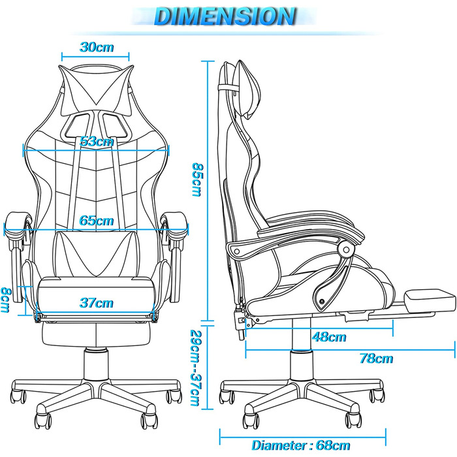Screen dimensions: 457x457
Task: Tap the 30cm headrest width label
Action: point(97,47)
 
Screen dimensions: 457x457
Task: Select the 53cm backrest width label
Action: point(97,142)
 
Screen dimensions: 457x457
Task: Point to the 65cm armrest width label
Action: point(97,221)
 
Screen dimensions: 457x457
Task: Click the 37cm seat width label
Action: point(97,303)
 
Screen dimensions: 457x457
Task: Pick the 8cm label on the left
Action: point(5,300)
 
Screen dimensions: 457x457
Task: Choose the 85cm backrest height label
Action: point(197,180)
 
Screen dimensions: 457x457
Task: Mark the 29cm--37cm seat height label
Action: point(195,368)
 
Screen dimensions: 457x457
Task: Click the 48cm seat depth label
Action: point(329,337)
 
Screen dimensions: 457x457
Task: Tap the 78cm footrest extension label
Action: point(376,358)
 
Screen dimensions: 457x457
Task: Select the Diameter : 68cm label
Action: point(301,445)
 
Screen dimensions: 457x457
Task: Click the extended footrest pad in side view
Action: point(430,300)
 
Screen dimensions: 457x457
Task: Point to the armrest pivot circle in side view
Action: point(346,250)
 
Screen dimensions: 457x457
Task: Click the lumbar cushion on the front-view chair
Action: point(95,253)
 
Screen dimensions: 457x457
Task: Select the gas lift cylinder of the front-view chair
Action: point(96,364)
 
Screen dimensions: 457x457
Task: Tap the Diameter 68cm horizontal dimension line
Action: point(303,437)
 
